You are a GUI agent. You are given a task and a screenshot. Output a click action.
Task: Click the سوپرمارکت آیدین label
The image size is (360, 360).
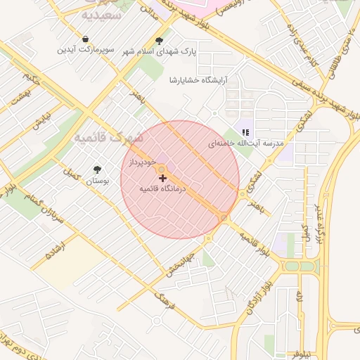(x=85, y=50)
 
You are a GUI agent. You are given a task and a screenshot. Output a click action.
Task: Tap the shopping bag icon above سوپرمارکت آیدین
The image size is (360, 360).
(x=85, y=39)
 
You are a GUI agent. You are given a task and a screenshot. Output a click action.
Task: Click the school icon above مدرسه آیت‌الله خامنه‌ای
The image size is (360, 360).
(x=245, y=131)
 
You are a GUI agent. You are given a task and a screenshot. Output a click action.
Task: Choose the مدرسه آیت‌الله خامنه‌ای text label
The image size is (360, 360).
(x=245, y=143)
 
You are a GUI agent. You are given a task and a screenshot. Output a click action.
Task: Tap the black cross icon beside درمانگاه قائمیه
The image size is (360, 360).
(x=163, y=179)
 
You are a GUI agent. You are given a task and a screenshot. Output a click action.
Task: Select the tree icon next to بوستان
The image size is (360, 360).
(x=97, y=169)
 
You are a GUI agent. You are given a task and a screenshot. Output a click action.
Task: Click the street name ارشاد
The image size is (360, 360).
(x=54, y=248)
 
